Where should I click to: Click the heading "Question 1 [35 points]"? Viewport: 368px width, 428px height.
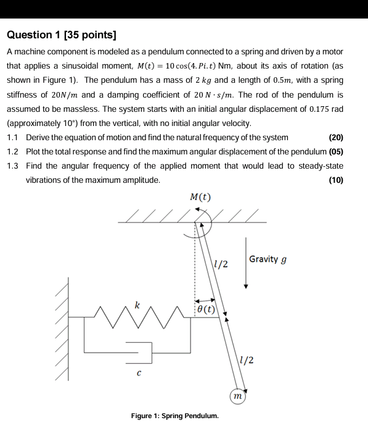[62, 35]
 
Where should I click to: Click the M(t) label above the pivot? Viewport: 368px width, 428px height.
[201, 198]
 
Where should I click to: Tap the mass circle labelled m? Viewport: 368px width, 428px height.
[237, 395]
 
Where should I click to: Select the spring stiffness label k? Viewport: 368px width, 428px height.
[138, 304]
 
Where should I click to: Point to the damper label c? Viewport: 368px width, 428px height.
[139, 373]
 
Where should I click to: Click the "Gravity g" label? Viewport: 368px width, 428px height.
[268, 259]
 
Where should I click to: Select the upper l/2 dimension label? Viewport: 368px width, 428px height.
[221, 264]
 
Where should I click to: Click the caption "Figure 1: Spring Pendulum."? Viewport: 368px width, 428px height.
[175, 416]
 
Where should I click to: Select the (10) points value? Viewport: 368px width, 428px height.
[337, 180]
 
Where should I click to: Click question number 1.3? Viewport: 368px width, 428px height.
[13, 166]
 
